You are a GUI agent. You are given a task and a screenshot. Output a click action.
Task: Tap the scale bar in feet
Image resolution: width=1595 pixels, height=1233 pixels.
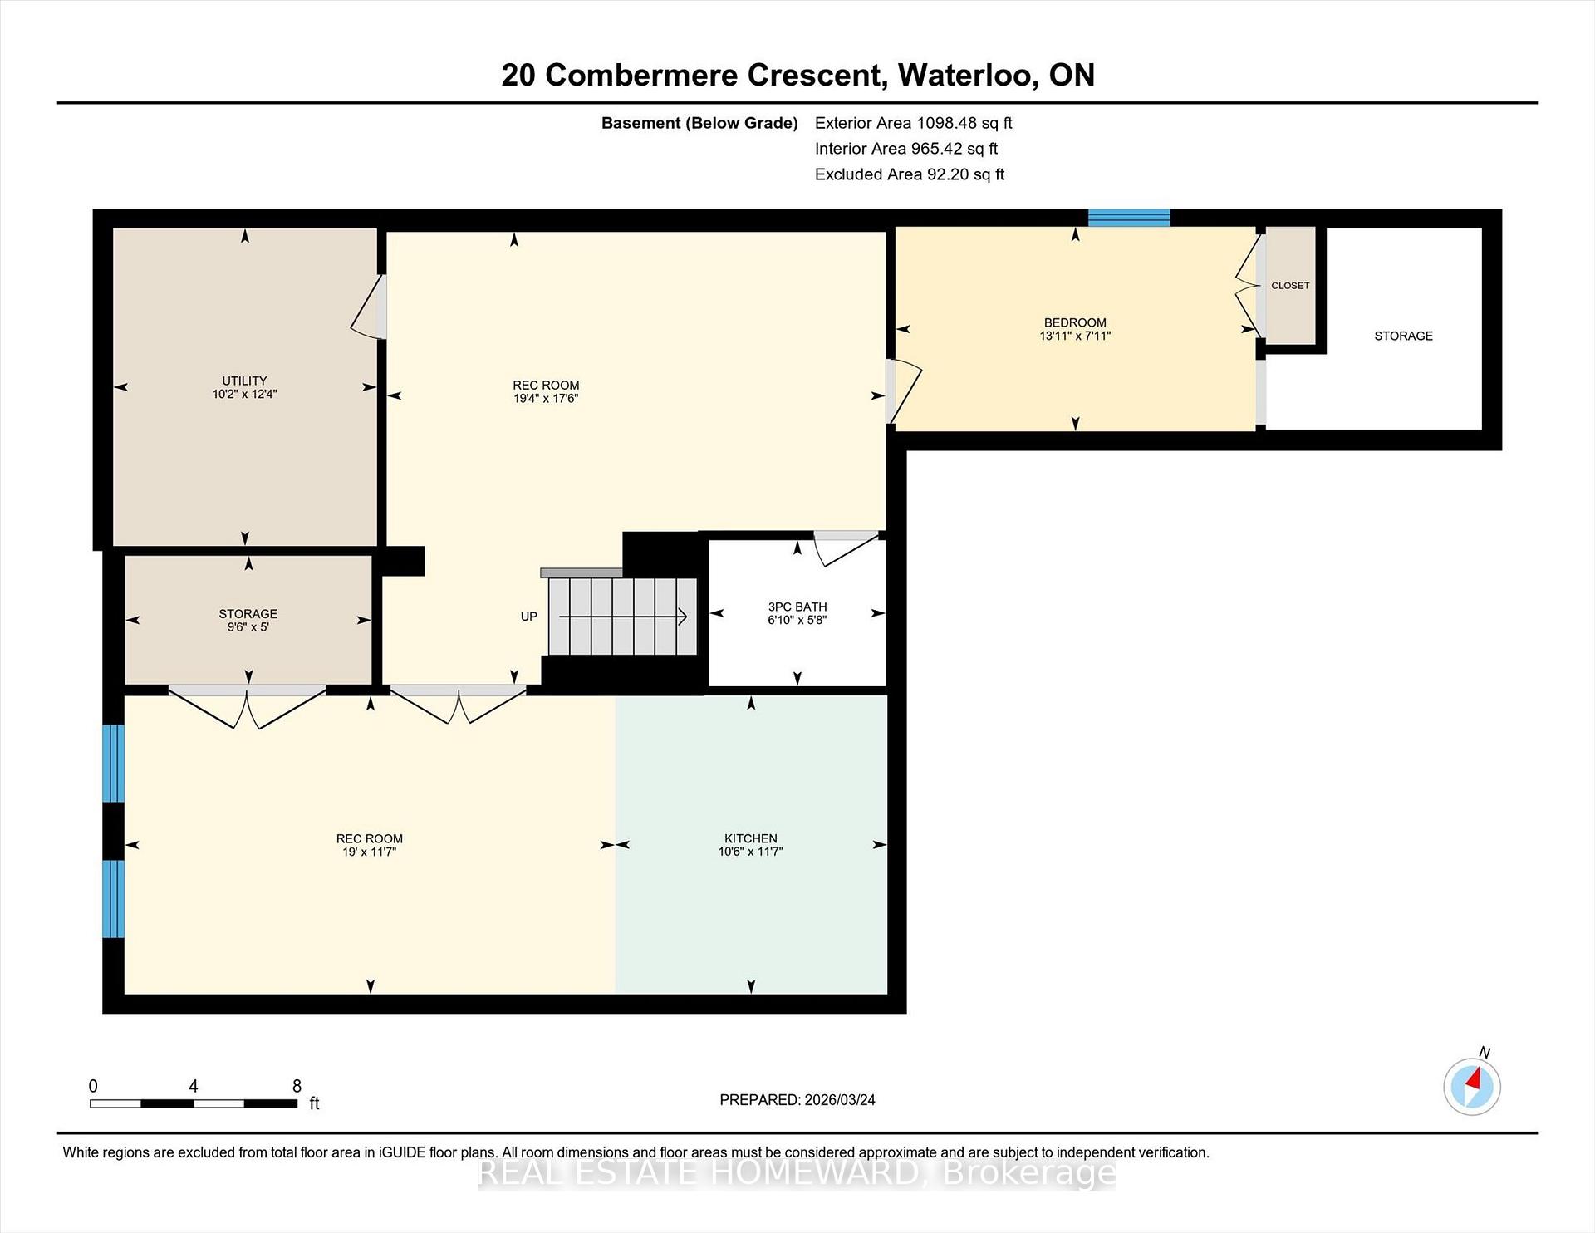194,1103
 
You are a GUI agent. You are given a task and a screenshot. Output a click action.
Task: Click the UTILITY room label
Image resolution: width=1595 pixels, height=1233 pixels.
244,381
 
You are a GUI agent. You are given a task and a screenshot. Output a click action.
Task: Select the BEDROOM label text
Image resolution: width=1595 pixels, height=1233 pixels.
1075,322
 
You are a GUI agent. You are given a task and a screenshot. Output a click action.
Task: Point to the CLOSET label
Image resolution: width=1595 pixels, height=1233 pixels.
1290,286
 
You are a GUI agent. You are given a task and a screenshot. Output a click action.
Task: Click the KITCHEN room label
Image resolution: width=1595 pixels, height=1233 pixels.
751,838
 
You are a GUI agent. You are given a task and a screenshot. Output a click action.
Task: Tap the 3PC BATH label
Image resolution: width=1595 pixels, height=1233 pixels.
797,607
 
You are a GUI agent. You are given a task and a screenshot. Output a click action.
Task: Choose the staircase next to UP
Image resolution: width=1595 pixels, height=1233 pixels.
622,616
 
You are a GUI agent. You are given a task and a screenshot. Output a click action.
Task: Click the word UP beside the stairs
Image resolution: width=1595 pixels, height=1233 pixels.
529,616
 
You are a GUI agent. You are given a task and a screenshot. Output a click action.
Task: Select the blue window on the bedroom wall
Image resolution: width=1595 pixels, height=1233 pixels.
1129,218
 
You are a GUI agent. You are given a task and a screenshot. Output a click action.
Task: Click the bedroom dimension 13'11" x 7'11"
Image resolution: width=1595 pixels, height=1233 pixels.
1075,336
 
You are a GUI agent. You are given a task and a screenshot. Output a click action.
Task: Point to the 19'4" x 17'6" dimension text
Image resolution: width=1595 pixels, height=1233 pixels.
546,399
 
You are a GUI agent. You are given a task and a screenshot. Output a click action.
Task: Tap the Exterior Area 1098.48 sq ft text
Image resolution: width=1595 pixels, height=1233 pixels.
914,123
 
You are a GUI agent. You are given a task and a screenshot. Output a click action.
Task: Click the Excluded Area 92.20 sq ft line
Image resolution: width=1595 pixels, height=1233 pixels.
910,174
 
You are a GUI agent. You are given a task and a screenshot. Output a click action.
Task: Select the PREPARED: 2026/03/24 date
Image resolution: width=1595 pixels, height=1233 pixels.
797,1100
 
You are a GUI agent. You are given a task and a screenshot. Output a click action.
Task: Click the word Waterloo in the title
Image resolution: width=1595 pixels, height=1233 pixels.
966,76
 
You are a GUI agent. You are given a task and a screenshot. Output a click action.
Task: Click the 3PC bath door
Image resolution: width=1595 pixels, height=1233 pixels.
846,548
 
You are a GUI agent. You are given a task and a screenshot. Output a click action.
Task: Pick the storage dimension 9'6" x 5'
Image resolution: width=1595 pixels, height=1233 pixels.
248,627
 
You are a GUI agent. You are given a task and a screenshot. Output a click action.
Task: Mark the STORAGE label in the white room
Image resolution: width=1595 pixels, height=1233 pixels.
1403,336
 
